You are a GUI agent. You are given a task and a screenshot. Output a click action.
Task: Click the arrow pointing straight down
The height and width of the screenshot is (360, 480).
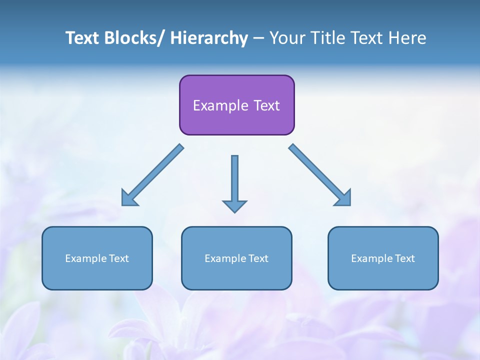pos(234,182)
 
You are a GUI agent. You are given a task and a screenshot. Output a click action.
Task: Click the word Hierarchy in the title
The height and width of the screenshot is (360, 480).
pos(209,38)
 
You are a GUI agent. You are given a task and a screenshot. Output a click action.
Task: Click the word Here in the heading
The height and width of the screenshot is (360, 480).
pos(408,38)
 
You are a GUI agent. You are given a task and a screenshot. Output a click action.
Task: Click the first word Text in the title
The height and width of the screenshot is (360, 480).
pos(82,38)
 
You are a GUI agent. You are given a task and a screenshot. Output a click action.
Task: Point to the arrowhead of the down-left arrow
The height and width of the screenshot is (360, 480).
pos(129,198)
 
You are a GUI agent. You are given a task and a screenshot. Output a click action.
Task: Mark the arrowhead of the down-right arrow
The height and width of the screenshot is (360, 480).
pos(343,198)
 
